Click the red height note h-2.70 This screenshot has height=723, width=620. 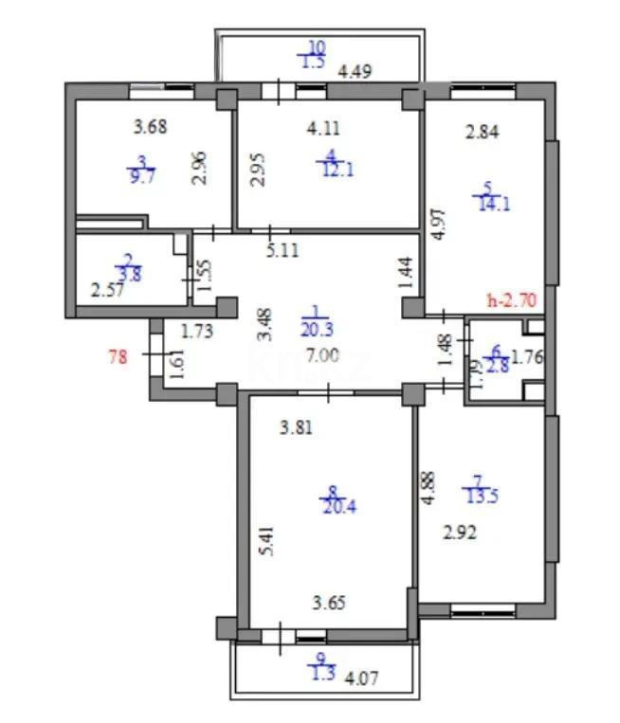pos(512,301)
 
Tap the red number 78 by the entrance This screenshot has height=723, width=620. pos(119,357)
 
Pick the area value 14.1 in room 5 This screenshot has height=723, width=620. pos(496,202)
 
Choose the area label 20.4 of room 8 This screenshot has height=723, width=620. pos(332,505)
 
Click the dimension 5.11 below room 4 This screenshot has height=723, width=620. pos(282,252)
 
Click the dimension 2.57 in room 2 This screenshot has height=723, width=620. pos(107,292)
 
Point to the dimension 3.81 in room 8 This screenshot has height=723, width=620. pos(295,427)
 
